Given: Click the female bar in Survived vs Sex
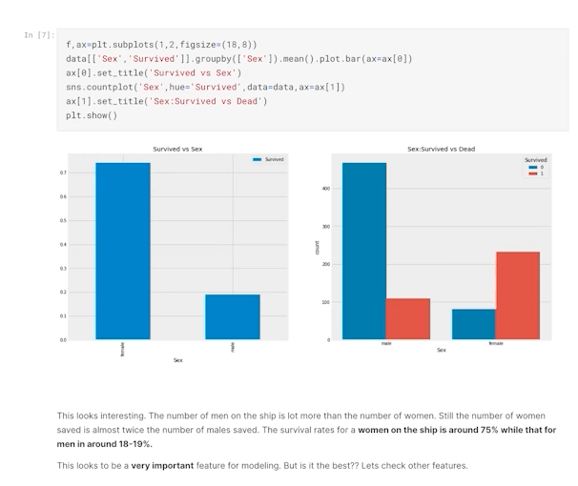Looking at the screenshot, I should [122, 251].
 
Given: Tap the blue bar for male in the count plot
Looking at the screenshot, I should [364, 251].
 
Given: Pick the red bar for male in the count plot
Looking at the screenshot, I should [407, 318].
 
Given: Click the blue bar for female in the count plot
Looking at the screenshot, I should [474, 324].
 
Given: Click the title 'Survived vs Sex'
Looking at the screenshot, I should [177, 150].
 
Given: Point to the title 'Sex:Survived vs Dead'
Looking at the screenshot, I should [441, 150].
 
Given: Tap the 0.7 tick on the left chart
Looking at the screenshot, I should [63, 173].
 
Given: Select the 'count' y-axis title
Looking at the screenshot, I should [318, 248].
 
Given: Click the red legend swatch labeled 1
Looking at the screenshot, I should [529, 173].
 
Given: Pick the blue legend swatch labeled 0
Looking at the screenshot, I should [529, 167].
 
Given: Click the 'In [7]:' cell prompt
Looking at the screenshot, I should [39, 35].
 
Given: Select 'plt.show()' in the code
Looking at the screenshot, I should [92, 115].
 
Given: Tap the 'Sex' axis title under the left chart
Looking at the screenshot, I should [177, 360].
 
